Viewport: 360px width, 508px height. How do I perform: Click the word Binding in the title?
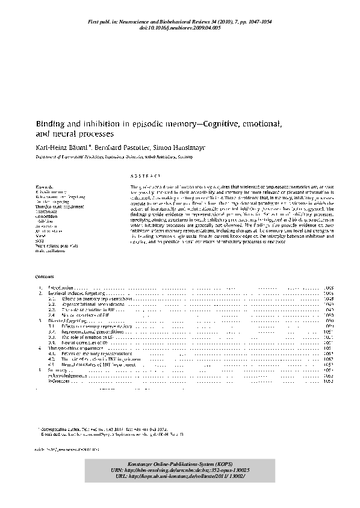[x=49, y=123]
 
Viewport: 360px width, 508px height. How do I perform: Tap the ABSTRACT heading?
[x=144, y=176]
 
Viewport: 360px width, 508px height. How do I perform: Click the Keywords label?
[x=45, y=188]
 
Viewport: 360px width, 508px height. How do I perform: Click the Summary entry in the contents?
[x=58, y=370]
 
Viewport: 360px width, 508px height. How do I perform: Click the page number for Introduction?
[x=328, y=289]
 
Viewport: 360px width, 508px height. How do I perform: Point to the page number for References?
[x=328, y=381]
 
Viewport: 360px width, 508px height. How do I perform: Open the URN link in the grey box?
[x=181, y=469]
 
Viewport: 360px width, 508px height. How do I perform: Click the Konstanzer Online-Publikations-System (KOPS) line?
[x=181, y=462]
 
